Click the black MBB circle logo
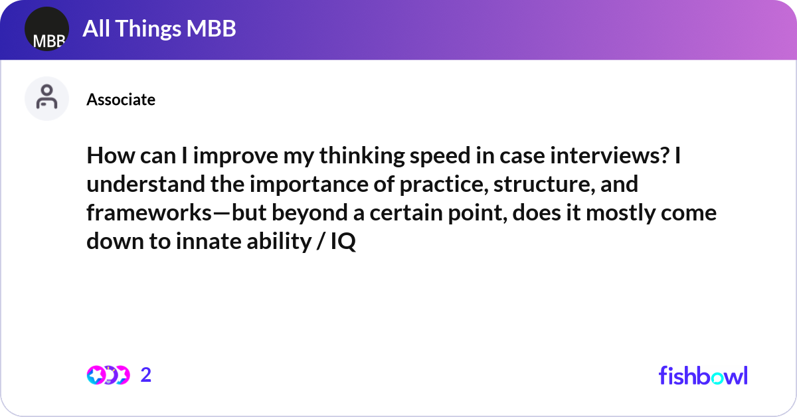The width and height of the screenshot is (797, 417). pos(46,29)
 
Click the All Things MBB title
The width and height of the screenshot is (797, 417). pos(159,29)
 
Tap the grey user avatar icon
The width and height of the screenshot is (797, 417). pos(46,98)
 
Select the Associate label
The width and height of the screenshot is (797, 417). pos(121,100)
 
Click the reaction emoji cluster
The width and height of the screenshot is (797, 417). pos(108,375)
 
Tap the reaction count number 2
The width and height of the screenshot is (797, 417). pos(146,375)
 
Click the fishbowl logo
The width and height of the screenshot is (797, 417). pos(703,375)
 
